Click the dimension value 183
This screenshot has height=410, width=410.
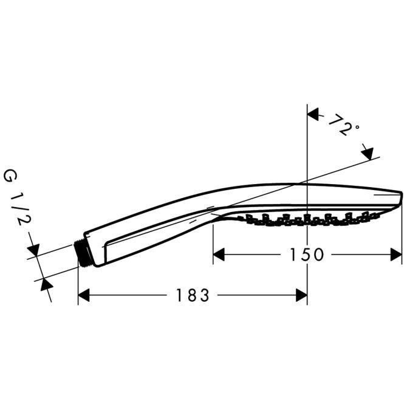[x=193, y=296]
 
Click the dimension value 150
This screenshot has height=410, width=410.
[x=306, y=255]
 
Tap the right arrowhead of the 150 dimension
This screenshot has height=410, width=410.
[x=396, y=255]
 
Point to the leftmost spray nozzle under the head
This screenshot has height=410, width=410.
[x=242, y=217]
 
